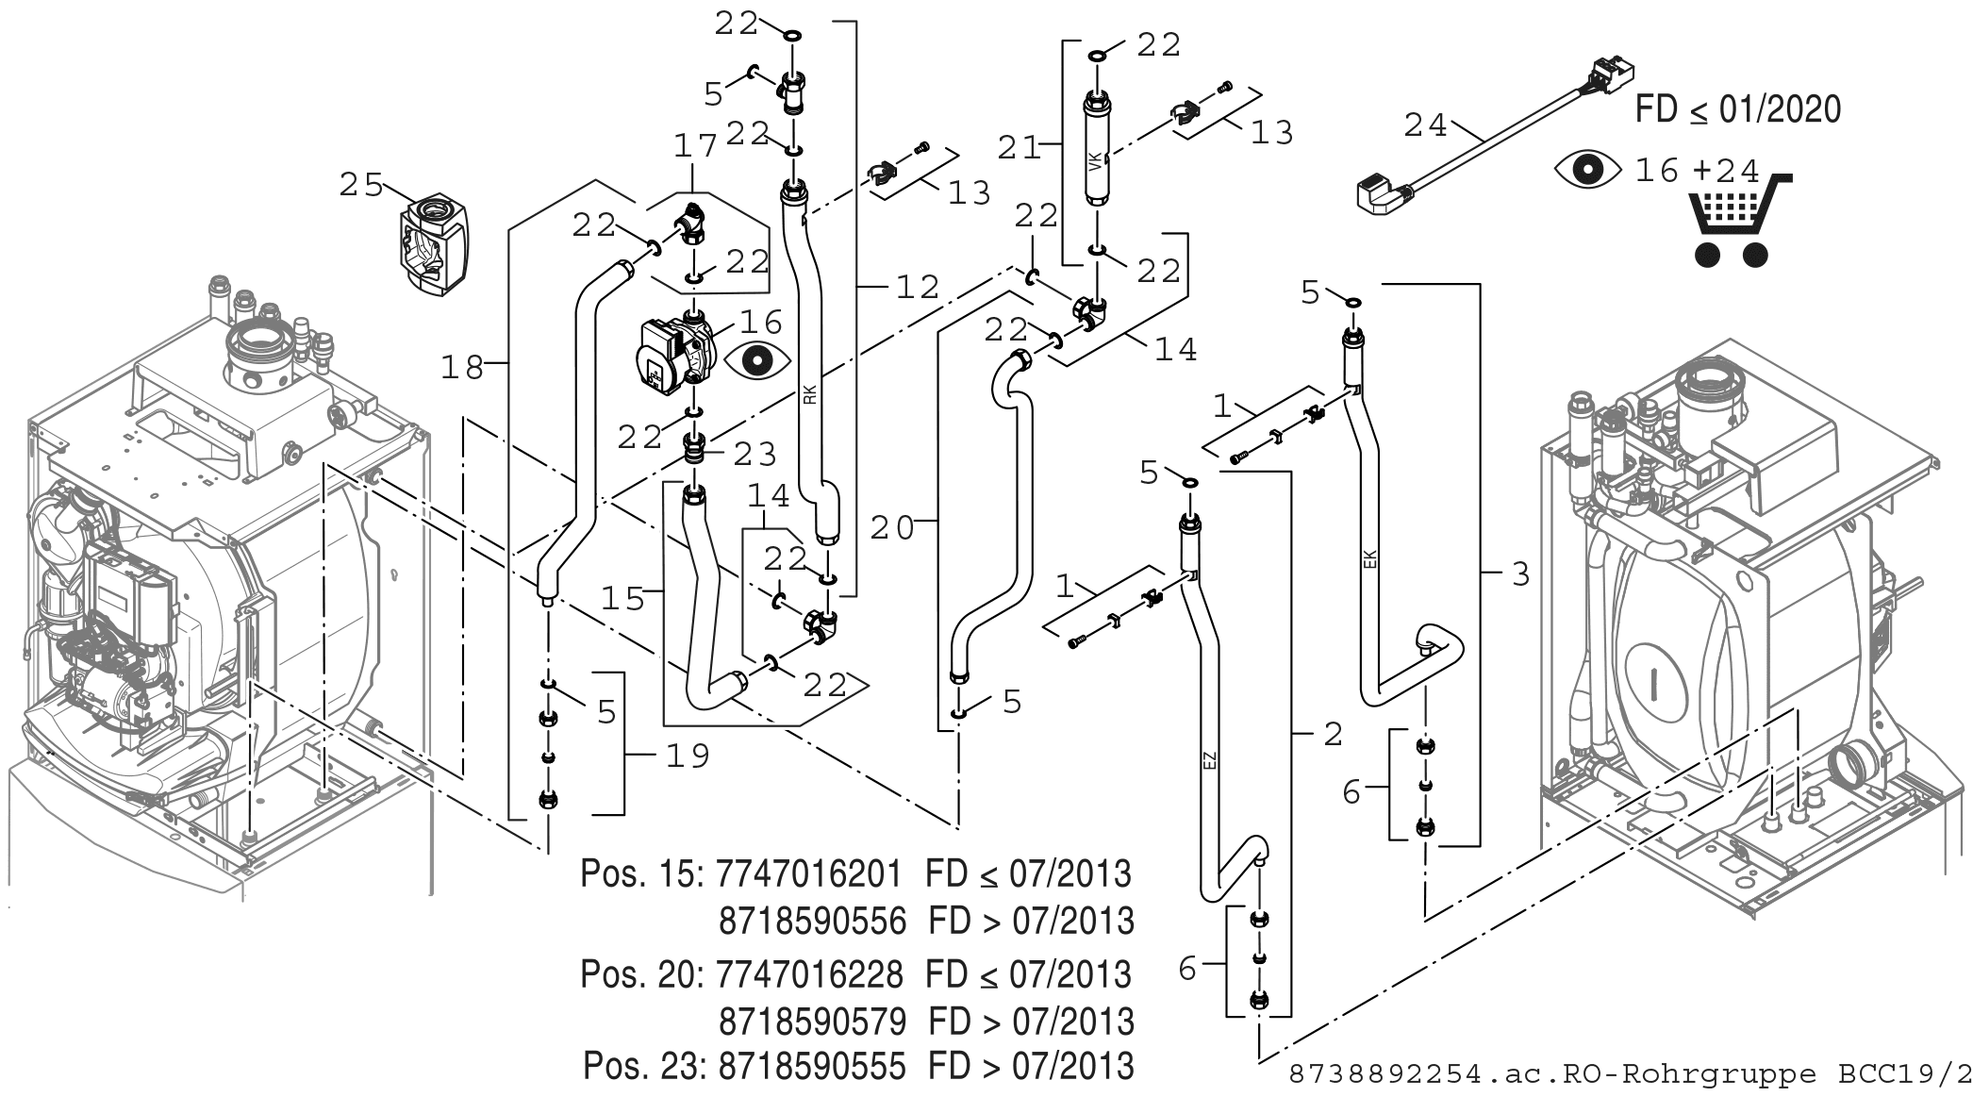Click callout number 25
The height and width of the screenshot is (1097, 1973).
coord(361,185)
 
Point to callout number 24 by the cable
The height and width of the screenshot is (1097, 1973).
coord(1425,125)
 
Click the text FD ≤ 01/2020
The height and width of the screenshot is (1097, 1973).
coord(1737,109)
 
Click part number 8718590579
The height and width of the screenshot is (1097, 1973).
coord(812,1021)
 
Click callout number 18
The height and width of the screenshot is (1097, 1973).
coord(463,367)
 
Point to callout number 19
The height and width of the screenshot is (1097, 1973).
coord(688,755)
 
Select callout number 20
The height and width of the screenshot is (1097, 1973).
coord(892,528)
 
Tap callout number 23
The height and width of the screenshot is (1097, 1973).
coord(754,455)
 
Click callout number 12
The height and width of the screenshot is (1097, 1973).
coord(919,286)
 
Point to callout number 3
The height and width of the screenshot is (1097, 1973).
coord(1520,573)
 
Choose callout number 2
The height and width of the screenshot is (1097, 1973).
coord(1332,734)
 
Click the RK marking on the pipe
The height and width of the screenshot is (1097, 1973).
coord(810,394)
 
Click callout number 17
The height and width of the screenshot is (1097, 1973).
coord(696,146)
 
